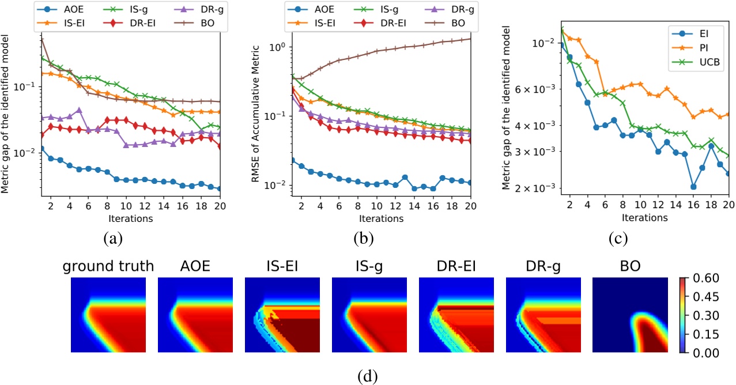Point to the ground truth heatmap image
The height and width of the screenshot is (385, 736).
click(x=108, y=315)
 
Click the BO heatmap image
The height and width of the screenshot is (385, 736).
click(x=629, y=315)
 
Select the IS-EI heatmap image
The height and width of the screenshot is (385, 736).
click(x=282, y=315)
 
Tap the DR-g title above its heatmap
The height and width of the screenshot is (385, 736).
click(x=542, y=266)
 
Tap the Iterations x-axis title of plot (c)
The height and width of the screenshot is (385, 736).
click(x=644, y=218)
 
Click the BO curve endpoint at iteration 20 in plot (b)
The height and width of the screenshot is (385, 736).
click(x=470, y=39)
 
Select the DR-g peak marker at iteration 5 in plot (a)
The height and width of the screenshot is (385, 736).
click(x=79, y=110)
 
